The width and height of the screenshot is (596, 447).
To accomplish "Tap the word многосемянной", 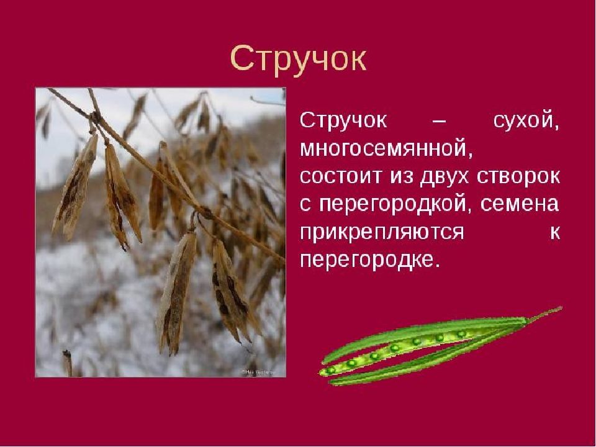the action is (x=387, y=149).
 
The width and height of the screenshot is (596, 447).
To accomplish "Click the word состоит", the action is (x=341, y=177).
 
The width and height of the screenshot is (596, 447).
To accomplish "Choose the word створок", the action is (x=518, y=178).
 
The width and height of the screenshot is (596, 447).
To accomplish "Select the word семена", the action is (x=520, y=204).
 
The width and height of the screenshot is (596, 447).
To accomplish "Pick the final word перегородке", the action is (x=369, y=261).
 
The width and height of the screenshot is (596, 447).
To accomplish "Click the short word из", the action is (x=400, y=177).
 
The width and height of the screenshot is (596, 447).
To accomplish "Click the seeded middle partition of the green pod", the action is (x=395, y=346).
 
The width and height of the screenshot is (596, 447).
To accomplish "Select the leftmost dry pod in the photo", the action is (x=75, y=187).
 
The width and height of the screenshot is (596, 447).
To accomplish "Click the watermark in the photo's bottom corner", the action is (x=257, y=372).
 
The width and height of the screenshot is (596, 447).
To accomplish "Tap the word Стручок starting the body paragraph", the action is (x=343, y=122).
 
